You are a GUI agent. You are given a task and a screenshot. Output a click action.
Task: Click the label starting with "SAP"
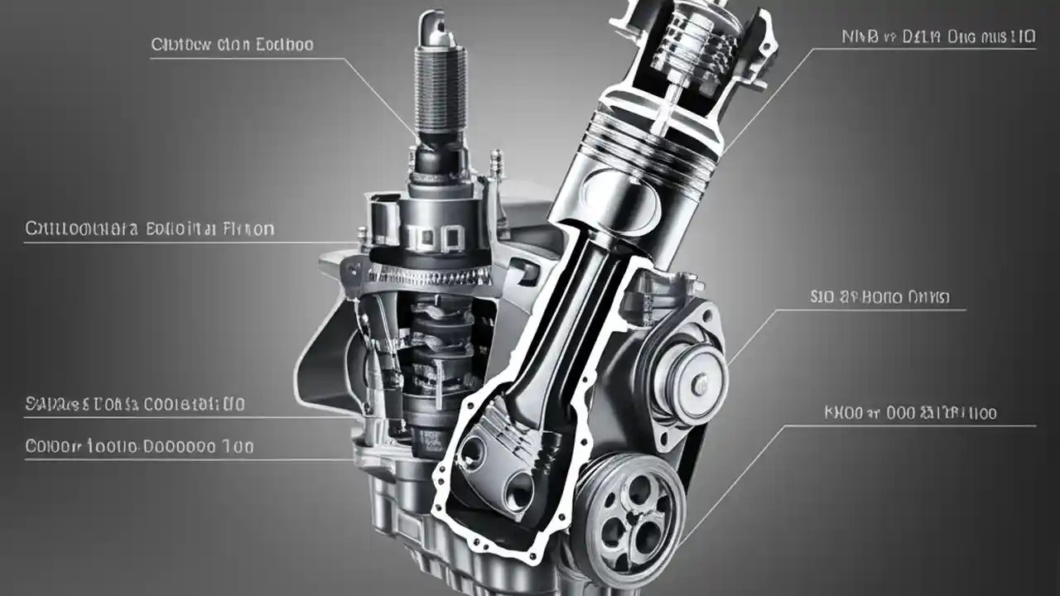135,404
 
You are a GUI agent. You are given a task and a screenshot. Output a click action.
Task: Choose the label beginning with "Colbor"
139,447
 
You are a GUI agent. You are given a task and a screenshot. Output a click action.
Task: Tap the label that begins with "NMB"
938,36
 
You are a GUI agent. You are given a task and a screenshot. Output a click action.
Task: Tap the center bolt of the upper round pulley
701,382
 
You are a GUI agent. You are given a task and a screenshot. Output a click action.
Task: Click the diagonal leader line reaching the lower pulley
729,480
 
